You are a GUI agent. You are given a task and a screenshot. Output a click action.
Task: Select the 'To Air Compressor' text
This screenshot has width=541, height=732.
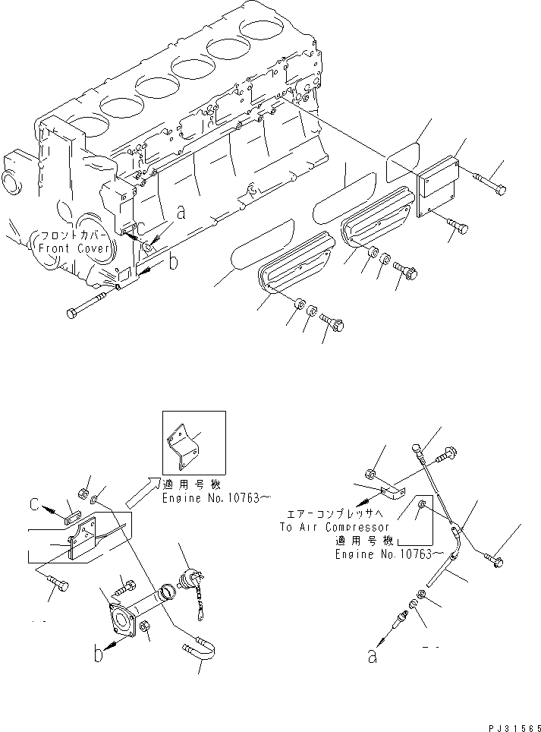tap(335, 527)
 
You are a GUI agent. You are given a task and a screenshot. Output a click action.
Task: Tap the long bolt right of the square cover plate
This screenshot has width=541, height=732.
tap(492, 185)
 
